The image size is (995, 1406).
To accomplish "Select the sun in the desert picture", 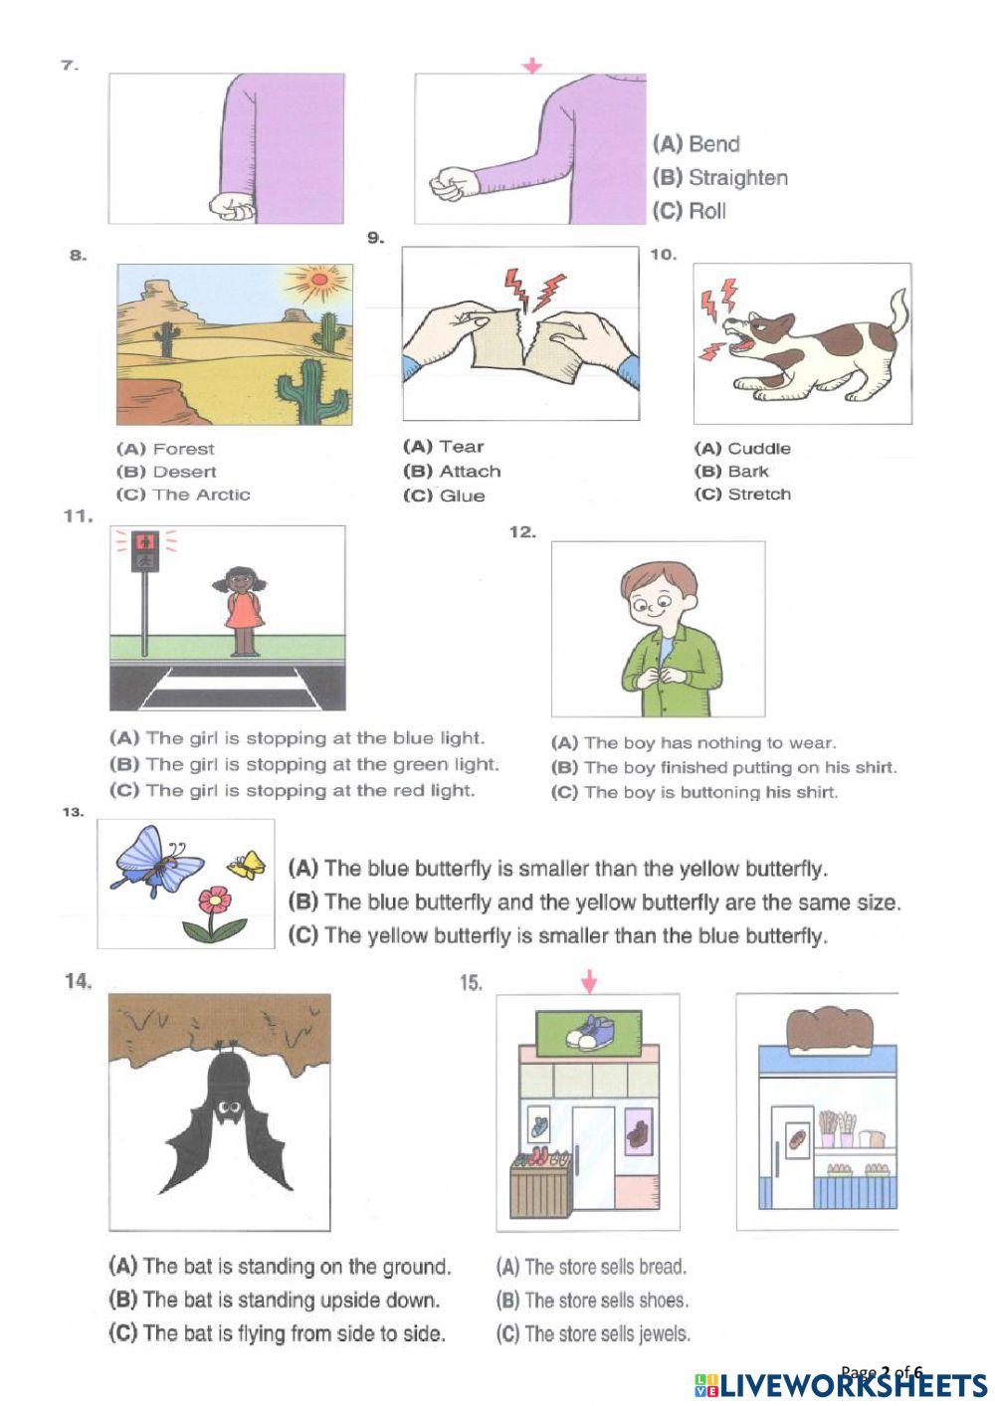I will pos(317,281).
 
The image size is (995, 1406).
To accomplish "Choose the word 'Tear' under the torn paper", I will pos(461,447).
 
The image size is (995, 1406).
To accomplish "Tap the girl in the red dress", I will pos(243,609).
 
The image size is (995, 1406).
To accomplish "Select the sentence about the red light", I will pos(293,791).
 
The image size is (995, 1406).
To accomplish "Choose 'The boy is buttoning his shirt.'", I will pos(695,793).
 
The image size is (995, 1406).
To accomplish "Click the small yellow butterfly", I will pos(247,865).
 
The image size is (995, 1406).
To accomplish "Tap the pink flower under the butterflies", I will pos(213,902).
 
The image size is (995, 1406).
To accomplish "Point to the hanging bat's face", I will pos(229,1108).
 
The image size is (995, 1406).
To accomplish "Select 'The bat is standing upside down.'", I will pos(275,1301).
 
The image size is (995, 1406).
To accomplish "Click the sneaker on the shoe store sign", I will pos(587,1031).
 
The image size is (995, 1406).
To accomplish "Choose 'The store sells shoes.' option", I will pos(592,1301).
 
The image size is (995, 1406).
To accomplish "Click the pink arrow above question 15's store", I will pos(589,982).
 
